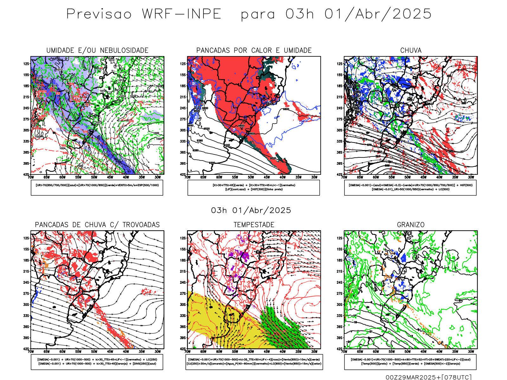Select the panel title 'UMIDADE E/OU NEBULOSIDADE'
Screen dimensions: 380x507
pos(97,50)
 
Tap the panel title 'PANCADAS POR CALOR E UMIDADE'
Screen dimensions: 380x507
pos(254,50)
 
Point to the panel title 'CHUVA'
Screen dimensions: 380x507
pos(411,50)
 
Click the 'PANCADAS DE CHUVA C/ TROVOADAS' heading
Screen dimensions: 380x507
pos(97,225)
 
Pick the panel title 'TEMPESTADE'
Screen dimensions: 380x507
pos(254,225)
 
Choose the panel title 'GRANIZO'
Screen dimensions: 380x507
pos(411,225)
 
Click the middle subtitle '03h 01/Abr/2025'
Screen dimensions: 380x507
pos(251,211)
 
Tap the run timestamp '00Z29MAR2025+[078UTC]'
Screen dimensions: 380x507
pos(428,377)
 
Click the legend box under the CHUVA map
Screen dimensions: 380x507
pos(410,187)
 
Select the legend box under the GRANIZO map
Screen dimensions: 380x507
pos(410,362)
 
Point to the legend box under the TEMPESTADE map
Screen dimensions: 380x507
pos(254,362)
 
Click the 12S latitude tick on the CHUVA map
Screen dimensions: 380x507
pos(339,64)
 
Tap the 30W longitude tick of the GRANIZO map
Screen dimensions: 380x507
pos(471,351)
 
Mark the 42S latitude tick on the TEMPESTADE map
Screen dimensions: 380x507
pos(183,349)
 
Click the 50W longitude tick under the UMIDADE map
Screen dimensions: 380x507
pos(94,177)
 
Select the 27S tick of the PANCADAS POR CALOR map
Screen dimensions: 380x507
pos(183,119)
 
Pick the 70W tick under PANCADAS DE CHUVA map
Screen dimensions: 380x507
pos(31,351)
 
